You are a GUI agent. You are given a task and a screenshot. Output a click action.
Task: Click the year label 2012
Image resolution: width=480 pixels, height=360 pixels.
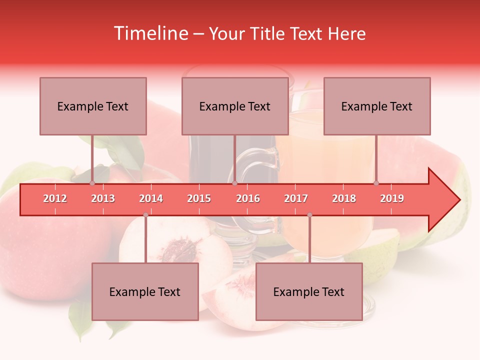pos(55,198)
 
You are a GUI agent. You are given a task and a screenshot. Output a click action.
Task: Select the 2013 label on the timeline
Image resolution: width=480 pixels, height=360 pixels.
pos(103,198)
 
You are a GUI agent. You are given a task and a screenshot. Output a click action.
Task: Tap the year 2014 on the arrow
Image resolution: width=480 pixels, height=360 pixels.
pos(151,198)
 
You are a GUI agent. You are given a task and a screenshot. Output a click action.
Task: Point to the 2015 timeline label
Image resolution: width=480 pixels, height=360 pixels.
pos(199,198)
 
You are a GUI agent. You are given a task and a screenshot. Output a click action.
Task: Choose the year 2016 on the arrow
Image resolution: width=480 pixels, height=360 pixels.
pos(248,198)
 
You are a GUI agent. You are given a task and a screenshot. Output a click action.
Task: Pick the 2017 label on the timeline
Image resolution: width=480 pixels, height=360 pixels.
pos(296,198)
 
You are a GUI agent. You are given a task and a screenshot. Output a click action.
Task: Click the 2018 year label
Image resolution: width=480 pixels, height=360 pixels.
pos(344,198)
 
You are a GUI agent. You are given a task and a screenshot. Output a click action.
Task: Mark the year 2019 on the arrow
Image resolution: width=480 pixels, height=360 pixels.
pos(392,198)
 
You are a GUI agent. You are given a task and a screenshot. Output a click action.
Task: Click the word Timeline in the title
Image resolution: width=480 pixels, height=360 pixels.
pos(150,33)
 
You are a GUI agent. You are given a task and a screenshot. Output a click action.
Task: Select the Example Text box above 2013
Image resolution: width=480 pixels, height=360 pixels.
pos(93,106)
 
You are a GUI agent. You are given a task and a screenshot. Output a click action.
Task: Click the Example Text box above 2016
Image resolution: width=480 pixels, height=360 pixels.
pos(235,106)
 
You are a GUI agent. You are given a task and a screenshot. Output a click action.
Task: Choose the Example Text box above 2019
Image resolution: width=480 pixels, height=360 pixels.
pos(377,106)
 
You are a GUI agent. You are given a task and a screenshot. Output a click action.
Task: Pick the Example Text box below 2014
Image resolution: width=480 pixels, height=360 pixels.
pos(145,291)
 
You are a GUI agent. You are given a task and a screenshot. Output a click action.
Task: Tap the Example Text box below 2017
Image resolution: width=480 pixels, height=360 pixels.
pos(309,291)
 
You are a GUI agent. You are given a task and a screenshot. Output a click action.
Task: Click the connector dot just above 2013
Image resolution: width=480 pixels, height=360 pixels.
pos(92,183)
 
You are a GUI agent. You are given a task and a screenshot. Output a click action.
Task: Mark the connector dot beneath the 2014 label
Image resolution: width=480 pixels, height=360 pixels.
pos(145,215)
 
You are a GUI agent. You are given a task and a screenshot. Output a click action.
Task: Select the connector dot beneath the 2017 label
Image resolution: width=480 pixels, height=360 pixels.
pos(309,215)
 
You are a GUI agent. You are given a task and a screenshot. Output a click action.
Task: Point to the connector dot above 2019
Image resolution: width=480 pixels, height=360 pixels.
pos(376,183)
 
